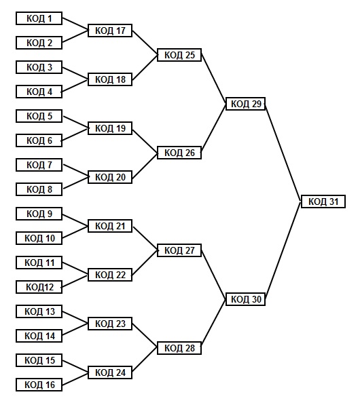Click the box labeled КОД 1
click(x=39, y=18)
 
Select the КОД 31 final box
click(x=323, y=201)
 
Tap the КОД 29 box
click(x=245, y=104)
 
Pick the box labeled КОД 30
click(x=245, y=299)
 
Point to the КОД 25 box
click(x=179, y=55)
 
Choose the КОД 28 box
click(x=179, y=348)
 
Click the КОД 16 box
click(x=39, y=385)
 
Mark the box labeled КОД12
click(x=39, y=287)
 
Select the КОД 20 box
click(x=110, y=177)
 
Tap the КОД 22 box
click(x=110, y=275)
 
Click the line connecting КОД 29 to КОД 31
click(x=283, y=153)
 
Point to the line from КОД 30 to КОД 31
click(x=283, y=250)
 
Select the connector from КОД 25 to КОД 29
click(x=213, y=79)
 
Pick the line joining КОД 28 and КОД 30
click(x=213, y=324)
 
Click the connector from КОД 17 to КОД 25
click(x=145, y=43)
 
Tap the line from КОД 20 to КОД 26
click(x=145, y=165)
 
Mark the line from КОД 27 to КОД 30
click(x=213, y=275)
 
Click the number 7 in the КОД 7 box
click(x=50, y=165)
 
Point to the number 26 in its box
click(x=190, y=153)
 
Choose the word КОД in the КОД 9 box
click(x=35, y=214)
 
